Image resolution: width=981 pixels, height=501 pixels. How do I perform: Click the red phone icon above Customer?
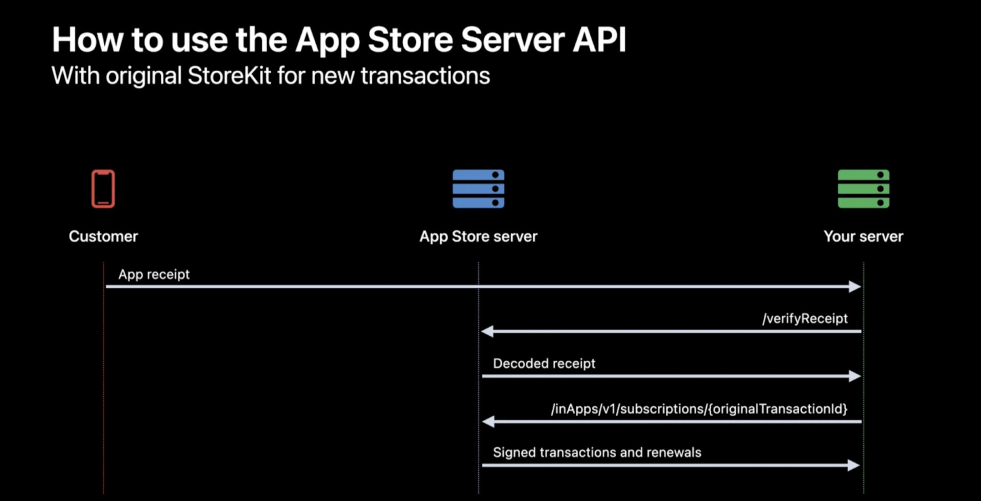coord(103,189)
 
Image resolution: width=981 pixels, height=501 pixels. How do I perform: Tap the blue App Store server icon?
coord(478,189)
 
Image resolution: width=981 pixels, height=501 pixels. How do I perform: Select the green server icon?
coord(863,189)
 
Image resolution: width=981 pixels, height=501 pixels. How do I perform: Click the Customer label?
coord(103,236)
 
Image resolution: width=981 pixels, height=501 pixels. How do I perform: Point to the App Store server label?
coord(478,237)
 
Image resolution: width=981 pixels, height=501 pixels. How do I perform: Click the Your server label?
coord(863,236)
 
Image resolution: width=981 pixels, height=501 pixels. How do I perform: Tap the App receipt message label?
coord(154,275)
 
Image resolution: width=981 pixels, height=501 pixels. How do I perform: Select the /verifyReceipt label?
coord(805,318)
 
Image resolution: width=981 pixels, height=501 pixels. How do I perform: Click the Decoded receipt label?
coord(544,363)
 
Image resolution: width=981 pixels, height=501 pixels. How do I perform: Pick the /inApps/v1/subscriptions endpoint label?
coord(699,409)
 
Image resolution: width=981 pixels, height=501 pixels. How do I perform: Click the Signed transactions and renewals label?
coord(597,452)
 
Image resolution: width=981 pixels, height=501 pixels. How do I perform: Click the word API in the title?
coord(599,39)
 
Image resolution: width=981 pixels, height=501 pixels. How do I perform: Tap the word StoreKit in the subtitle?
coord(229,76)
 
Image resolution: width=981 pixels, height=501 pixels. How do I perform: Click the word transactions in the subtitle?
coord(425,76)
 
